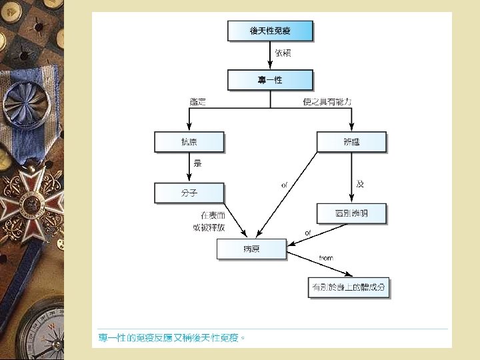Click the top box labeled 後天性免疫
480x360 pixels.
(x=270, y=31)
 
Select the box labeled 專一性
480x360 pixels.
(x=270, y=80)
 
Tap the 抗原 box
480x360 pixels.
(x=189, y=142)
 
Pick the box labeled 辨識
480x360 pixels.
(x=351, y=142)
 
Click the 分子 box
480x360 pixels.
(x=189, y=193)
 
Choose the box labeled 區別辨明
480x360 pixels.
(x=351, y=213)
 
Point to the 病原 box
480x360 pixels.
(x=251, y=249)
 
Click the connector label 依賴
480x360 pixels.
(x=283, y=53)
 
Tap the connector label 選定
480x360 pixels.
(x=198, y=102)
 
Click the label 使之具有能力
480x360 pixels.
(x=327, y=102)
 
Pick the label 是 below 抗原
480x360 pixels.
(x=197, y=163)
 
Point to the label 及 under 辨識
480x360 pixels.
(x=360, y=184)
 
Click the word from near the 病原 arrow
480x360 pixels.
(x=326, y=258)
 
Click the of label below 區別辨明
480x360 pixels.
(x=307, y=233)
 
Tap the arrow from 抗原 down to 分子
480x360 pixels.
(x=189, y=167)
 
